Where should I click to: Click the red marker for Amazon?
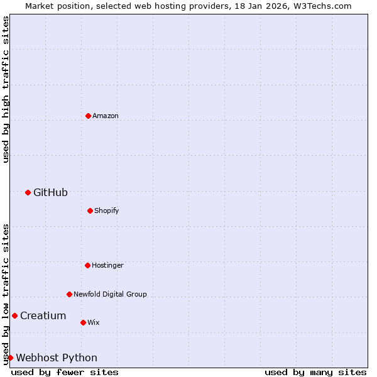(88, 116)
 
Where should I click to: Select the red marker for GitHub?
(28, 192)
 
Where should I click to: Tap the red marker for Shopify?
(90, 210)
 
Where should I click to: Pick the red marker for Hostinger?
(87, 265)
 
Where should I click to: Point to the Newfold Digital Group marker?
(69, 294)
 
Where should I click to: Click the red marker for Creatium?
(14, 315)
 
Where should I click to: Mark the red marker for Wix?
(83, 322)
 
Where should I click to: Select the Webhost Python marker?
(10, 358)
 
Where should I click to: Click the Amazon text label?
(106, 116)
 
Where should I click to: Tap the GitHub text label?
(50, 192)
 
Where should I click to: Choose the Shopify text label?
(107, 210)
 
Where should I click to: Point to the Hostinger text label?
(107, 265)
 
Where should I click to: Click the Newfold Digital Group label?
(110, 294)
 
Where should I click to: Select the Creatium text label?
(43, 315)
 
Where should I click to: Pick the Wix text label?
(93, 322)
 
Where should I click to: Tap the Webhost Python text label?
(57, 358)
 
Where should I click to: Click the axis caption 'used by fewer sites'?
(65, 372)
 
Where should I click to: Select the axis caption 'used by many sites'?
(315, 372)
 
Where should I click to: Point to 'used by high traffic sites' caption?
(6, 89)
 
